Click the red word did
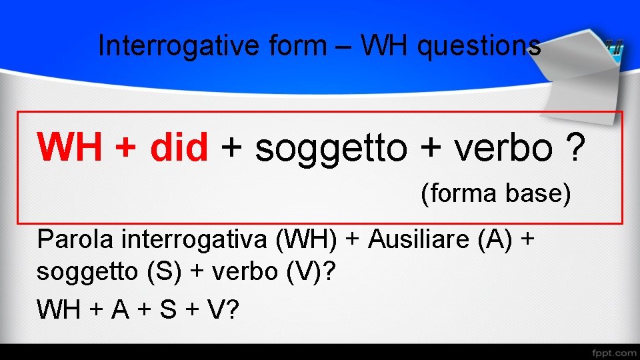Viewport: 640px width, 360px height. [x=179, y=147]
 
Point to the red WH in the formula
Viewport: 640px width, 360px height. [x=69, y=147]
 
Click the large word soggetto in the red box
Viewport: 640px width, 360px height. [x=331, y=148]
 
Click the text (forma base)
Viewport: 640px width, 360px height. [x=496, y=194]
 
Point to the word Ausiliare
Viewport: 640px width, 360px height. [x=419, y=239]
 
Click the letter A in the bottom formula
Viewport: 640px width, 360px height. [x=120, y=309]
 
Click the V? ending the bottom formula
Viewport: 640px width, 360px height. [x=223, y=309]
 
